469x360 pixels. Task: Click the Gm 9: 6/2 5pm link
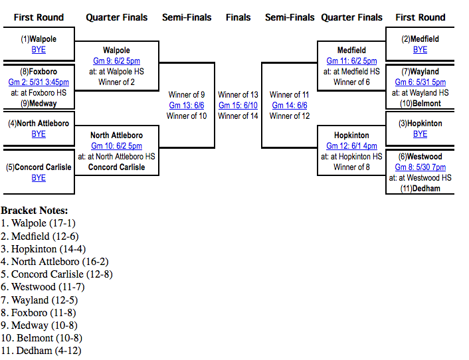tap(116, 61)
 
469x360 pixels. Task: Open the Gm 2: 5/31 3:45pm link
tap(39, 82)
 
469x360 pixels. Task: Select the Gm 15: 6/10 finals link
tap(238, 106)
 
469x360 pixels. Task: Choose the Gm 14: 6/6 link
tap(289, 106)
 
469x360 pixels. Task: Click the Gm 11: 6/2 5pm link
tap(351, 61)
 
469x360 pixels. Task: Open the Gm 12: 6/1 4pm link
tap(351, 146)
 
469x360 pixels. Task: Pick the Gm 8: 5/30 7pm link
tap(420, 167)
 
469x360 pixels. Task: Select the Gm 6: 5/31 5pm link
tap(420, 82)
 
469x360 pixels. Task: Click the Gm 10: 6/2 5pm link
tap(116, 146)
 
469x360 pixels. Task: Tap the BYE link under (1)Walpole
tap(39, 50)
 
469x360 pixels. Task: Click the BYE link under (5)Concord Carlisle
tap(39, 178)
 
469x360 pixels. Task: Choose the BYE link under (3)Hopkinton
tap(420, 134)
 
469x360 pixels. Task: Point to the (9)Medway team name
tap(39, 104)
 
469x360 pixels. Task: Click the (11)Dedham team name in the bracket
tap(420, 189)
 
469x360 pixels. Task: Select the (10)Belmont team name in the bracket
tap(420, 104)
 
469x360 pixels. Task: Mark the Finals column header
tap(238, 17)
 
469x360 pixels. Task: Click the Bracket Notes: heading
tap(35, 211)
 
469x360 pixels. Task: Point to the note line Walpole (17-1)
tap(41, 223)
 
